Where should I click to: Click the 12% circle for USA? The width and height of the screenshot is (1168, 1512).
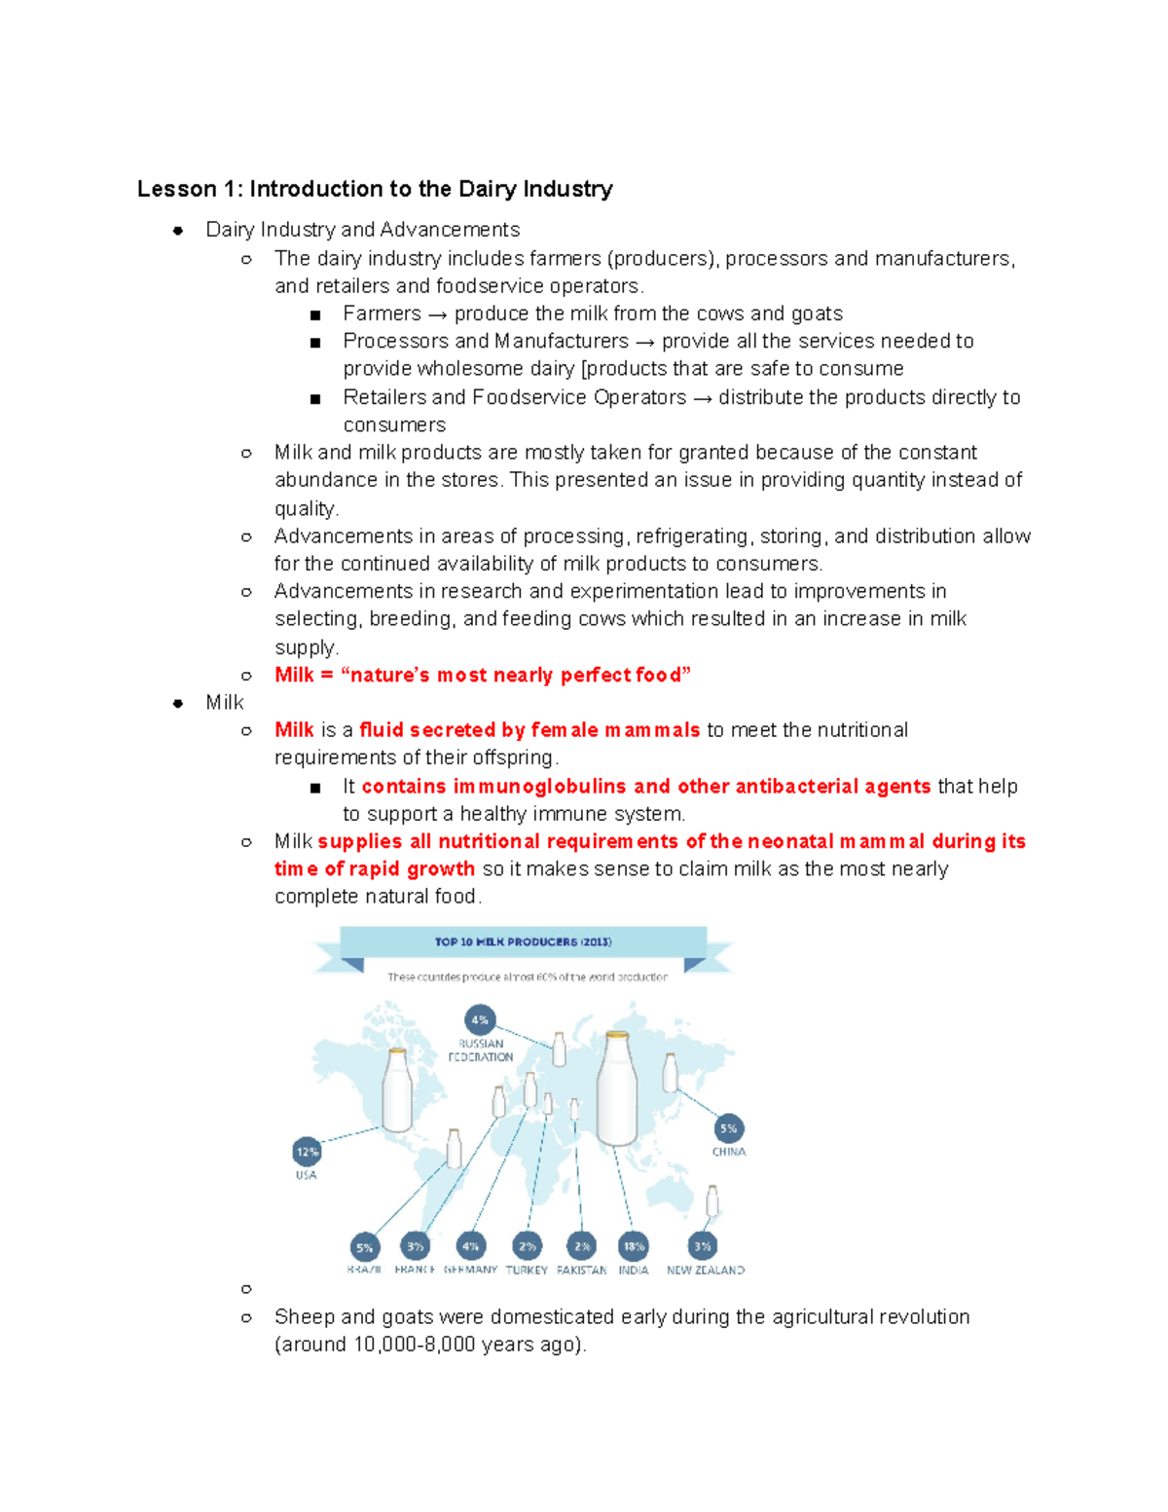coord(307,1152)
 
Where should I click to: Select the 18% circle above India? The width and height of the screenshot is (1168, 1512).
coord(634,1246)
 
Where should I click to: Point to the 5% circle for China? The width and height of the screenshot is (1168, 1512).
coord(728,1128)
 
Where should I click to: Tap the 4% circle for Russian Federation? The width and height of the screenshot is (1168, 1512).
coord(480,1020)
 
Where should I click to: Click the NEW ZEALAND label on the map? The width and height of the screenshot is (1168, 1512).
coord(706,1271)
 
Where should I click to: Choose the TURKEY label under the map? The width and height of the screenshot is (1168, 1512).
coord(527,1271)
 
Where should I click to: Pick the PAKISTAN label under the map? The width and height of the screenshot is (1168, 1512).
coord(581,1271)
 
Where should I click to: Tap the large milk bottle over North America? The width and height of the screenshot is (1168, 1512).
coord(397,1090)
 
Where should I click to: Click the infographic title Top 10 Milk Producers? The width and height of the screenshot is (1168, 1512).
coord(523,941)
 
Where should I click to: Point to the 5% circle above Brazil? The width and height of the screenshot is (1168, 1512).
coord(364,1247)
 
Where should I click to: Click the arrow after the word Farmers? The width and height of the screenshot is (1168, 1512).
coord(437,314)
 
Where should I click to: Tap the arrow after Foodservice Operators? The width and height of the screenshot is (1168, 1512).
coord(702,398)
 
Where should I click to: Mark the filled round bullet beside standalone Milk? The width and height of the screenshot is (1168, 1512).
coord(178,703)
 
